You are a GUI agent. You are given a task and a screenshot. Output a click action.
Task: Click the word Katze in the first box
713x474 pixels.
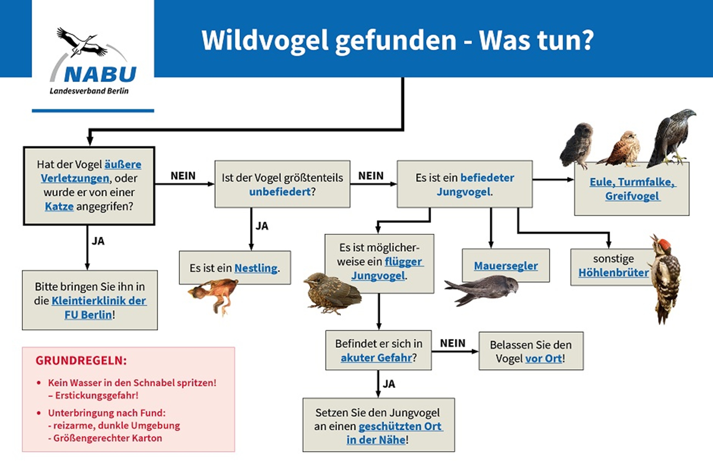59,206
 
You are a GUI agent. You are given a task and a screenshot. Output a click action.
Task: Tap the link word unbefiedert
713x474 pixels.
280,192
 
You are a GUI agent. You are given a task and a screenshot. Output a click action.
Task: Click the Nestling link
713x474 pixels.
256,268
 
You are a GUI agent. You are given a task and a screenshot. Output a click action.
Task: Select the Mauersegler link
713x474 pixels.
506,266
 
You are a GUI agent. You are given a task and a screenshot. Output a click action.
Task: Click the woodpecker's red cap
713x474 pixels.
665,243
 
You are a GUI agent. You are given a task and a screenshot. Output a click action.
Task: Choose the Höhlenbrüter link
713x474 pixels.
613,273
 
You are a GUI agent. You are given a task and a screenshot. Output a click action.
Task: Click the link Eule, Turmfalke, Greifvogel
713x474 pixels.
632,189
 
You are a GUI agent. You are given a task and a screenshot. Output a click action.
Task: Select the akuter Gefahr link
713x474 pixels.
376,358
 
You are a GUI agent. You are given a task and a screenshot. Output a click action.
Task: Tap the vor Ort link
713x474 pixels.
544,358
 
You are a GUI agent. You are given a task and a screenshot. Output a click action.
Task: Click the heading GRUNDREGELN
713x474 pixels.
81,361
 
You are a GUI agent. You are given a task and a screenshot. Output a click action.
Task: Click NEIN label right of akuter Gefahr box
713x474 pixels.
453,343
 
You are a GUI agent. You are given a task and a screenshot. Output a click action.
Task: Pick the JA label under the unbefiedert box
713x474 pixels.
262,226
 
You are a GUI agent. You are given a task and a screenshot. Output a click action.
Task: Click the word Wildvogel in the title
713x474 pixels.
265,40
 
